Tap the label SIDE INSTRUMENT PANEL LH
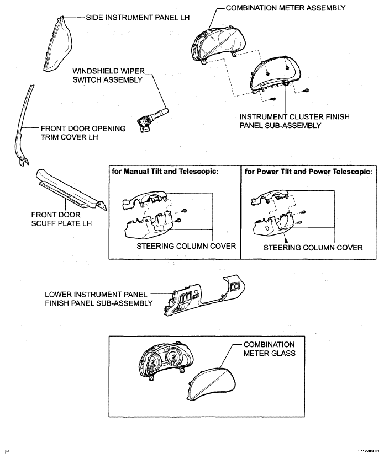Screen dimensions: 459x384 tap(138, 18)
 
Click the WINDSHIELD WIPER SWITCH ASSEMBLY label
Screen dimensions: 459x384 tap(108, 76)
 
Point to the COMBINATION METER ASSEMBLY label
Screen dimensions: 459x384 tap(286, 8)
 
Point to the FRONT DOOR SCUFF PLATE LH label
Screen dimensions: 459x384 tap(62, 219)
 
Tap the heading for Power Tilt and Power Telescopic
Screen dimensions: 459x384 tap(308, 172)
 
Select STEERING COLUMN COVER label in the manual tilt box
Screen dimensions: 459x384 tap(186, 247)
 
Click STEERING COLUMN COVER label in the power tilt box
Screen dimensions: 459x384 tap(313, 248)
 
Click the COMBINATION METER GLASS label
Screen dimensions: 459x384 tap(269, 349)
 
